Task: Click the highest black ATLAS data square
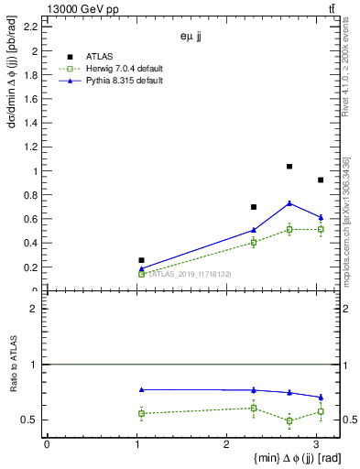pos(289,167)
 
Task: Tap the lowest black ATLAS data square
pos(141,260)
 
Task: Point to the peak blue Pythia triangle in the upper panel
pos(289,203)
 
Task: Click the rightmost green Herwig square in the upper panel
pos(321,229)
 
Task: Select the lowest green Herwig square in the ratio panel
pos(289,421)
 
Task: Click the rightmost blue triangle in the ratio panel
pos(321,398)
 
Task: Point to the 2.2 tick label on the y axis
pos(31,27)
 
